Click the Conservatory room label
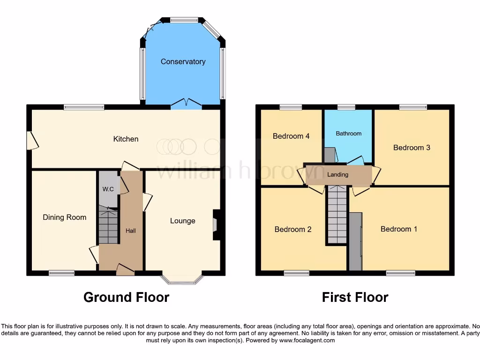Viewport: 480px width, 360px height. click(183, 61)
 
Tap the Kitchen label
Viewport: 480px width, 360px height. click(126, 139)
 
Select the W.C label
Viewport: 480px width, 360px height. click(108, 190)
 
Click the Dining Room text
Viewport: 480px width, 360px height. click(64, 217)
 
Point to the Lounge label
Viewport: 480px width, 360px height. click(182, 221)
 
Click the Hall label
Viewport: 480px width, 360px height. click(130, 231)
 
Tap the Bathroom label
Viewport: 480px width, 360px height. click(348, 134)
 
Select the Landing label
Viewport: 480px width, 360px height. click(337, 174)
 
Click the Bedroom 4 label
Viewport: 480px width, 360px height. click(291, 136)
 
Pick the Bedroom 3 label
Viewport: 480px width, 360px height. click(412, 147)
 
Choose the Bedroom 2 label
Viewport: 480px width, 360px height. click(293, 229)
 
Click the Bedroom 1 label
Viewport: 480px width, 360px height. click(398, 229)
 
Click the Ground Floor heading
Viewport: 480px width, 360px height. click(126, 297)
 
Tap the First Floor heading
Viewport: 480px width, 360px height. click(355, 297)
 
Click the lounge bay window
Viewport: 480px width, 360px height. click(182, 280)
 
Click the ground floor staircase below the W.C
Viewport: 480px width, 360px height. click(108, 227)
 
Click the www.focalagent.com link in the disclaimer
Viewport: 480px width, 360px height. click(307, 340)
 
